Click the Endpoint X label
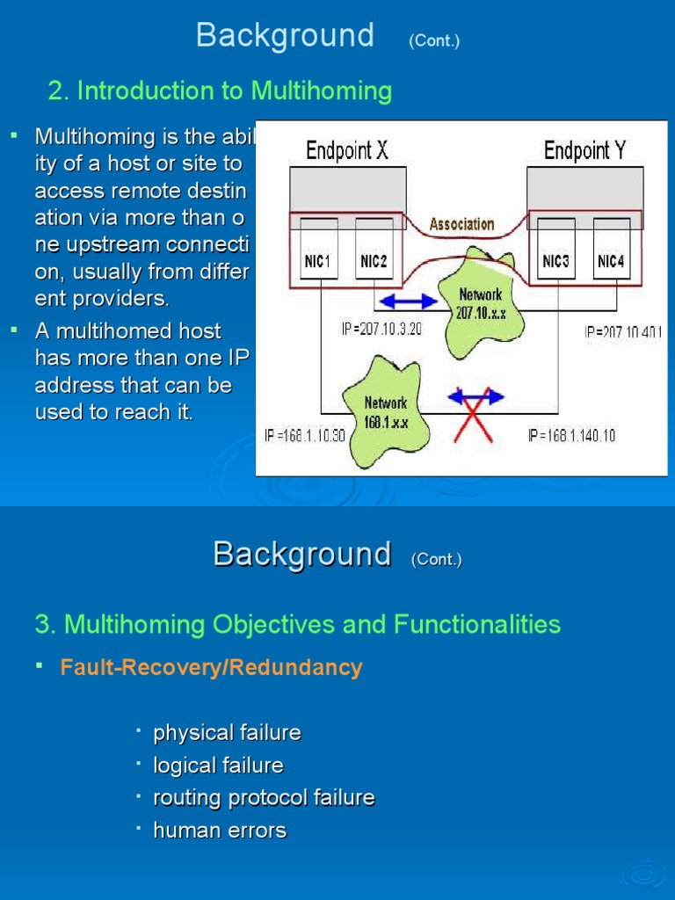(346, 151)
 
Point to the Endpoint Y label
(584, 151)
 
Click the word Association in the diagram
(461, 224)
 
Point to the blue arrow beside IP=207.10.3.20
(407, 301)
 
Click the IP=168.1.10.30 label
(305, 436)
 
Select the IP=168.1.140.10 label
(571, 436)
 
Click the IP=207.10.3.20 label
(382, 330)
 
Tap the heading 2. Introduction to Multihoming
(220, 91)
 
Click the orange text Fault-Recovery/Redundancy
(211, 668)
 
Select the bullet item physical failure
(227, 733)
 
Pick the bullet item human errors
(220, 831)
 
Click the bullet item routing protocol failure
(264, 798)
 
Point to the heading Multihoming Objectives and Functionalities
(297, 625)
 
